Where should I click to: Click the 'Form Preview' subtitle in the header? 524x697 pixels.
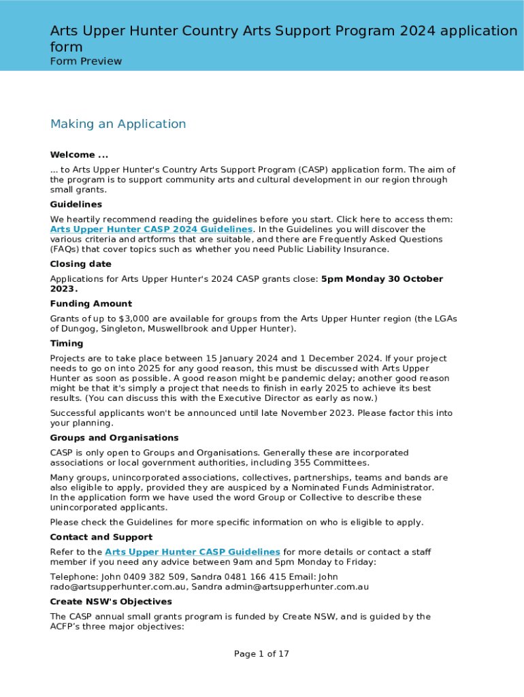pyautogui.click(x=86, y=61)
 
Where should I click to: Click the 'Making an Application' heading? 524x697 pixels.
pyautogui.click(x=118, y=124)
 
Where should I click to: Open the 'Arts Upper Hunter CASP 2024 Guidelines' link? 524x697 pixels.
pyautogui.click(x=151, y=229)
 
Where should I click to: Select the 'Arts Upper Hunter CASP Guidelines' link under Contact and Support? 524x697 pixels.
pyautogui.click(x=193, y=552)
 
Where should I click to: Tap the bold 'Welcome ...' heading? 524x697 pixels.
pyautogui.click(x=79, y=155)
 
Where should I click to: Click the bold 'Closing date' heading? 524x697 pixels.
pyautogui.click(x=80, y=264)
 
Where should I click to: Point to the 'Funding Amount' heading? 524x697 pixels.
pyautogui.click(x=91, y=304)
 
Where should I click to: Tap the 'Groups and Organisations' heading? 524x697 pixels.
pyautogui.click(x=114, y=438)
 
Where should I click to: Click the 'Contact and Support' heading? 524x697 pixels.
pyautogui.click(x=101, y=537)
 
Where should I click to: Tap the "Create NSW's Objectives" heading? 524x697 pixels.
pyautogui.click(x=111, y=602)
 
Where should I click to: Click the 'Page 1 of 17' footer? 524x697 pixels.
pyautogui.click(x=262, y=654)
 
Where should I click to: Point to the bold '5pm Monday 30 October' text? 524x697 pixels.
pyautogui.click(x=382, y=279)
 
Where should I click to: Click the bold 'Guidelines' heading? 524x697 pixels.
pyautogui.click(x=76, y=204)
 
